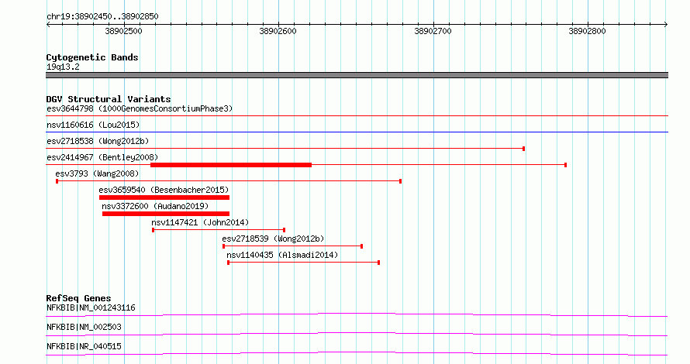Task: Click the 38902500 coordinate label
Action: (x=123, y=31)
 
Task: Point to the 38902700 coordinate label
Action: (x=433, y=31)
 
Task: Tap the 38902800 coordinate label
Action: (x=587, y=31)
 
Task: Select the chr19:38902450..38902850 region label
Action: (x=102, y=17)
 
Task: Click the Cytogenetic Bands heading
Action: (x=92, y=57)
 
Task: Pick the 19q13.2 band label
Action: (x=63, y=67)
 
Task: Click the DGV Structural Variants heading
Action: (x=109, y=99)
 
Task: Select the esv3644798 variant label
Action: (x=70, y=108)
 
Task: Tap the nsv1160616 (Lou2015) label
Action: (x=93, y=125)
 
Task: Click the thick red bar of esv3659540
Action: (x=164, y=197)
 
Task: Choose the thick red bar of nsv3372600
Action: (x=166, y=214)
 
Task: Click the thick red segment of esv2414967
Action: (x=231, y=165)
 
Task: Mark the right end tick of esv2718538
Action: (x=523, y=149)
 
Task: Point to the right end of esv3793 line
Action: (x=401, y=181)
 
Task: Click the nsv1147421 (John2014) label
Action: (x=200, y=222)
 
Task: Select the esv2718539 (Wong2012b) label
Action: (x=273, y=239)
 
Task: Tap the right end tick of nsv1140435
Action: (x=379, y=263)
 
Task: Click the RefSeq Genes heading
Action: (x=78, y=298)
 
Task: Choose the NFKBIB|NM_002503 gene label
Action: (x=84, y=327)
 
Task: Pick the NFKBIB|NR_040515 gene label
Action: (x=84, y=346)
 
